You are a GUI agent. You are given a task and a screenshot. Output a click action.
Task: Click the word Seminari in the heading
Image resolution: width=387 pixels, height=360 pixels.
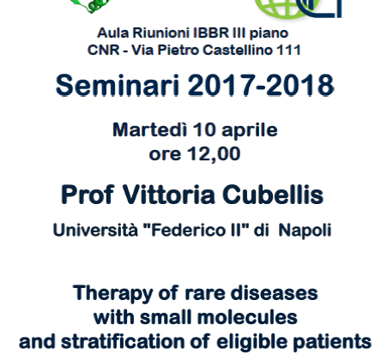pos(118,85)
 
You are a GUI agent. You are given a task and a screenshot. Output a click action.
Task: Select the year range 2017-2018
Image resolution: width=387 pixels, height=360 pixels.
pos(261,85)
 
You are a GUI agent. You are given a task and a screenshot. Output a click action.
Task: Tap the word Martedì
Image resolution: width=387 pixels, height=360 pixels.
pos(150,129)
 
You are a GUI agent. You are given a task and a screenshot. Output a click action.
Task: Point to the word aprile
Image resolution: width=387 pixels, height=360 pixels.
pos(250,131)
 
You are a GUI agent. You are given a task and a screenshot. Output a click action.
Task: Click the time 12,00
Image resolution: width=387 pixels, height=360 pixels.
pos(214,154)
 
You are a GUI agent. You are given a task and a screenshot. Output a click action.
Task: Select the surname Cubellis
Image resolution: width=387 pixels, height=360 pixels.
pos(273,195)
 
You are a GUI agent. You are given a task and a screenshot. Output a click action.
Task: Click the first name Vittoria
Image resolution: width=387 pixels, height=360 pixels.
pos(169,195)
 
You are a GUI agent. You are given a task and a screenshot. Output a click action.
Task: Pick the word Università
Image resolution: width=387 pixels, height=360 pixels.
pos(95,230)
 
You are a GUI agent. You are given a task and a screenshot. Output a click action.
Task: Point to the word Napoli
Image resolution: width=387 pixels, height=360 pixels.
pos(305,231)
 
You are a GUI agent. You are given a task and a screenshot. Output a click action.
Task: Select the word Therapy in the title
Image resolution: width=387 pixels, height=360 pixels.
pos(112,294)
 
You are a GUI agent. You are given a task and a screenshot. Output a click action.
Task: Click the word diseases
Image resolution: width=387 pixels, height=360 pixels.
pos(274,293)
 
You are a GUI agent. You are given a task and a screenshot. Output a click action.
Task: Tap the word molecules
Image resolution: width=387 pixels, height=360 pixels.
pos(247,317)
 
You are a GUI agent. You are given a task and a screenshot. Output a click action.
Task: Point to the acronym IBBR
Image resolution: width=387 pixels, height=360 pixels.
pos(211,33)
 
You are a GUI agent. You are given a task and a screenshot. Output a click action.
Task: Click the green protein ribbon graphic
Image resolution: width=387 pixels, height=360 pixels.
pos(90,6)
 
